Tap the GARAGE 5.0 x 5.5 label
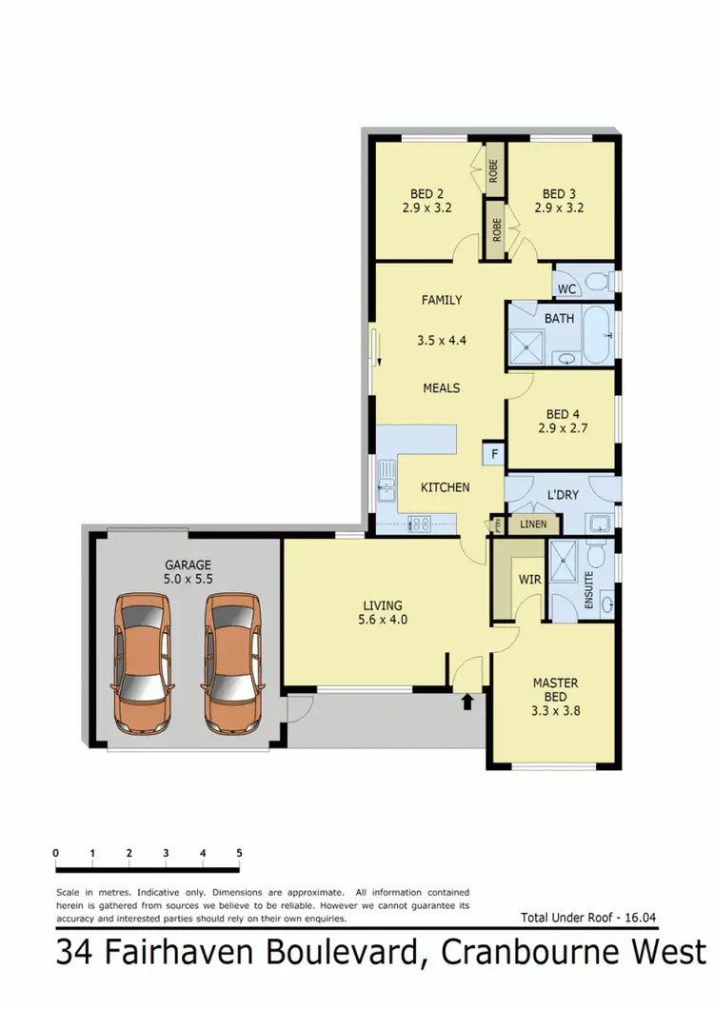tap(187, 570)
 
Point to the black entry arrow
tap(467, 702)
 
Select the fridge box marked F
tap(494, 454)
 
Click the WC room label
tap(566, 288)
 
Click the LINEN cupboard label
tap(534, 524)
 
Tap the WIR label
tap(530, 578)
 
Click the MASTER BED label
tap(556, 690)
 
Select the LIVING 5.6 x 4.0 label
tap(382, 612)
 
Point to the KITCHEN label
tap(446, 487)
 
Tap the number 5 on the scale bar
tap(239, 852)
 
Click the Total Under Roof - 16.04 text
tap(588, 919)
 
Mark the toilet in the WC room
tap(597, 282)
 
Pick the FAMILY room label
tap(441, 300)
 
